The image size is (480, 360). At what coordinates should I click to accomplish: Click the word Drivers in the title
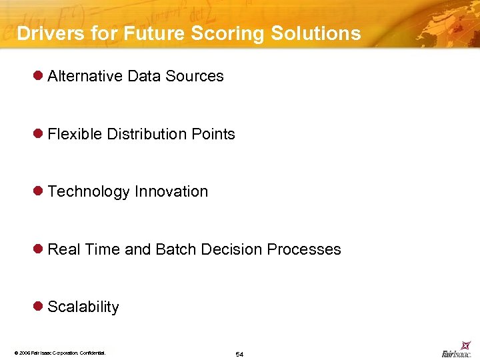click(x=46, y=33)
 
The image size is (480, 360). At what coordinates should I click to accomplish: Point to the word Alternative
click(x=85, y=76)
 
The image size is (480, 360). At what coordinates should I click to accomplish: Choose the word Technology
click(x=89, y=192)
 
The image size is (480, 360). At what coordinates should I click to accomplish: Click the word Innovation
click(x=171, y=191)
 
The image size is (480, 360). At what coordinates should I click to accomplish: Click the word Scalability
click(x=83, y=307)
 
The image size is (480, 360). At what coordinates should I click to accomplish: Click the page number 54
click(x=239, y=354)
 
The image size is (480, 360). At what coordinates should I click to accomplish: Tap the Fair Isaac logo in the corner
click(x=457, y=353)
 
